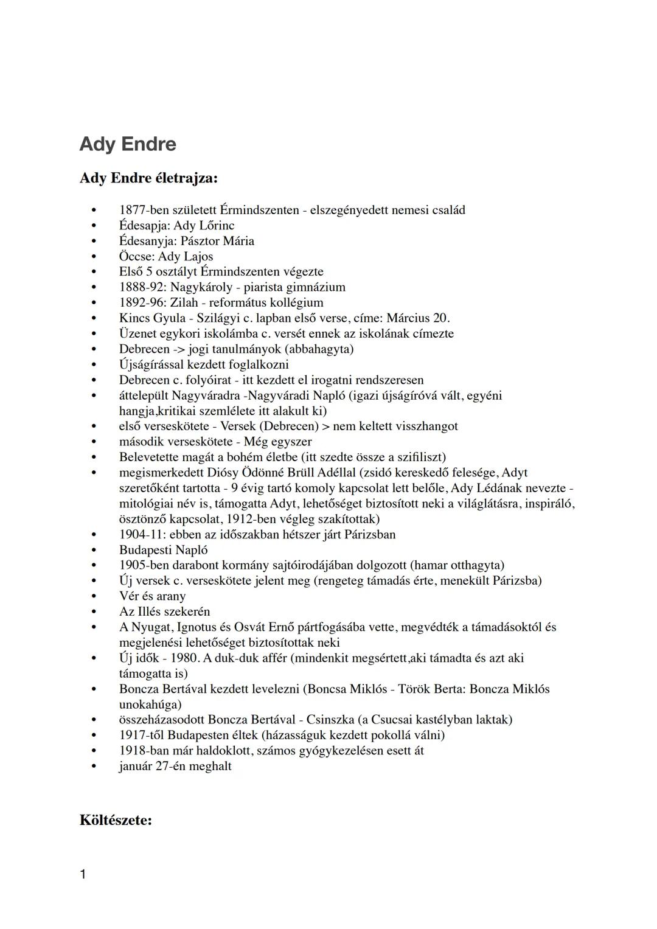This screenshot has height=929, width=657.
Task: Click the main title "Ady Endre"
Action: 128,144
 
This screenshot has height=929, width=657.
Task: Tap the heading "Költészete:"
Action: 116,820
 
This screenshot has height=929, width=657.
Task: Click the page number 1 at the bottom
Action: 83,875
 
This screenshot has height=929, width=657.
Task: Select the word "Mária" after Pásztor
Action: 239,241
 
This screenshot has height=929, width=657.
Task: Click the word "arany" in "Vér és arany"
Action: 171,596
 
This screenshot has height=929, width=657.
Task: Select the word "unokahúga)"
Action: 150,705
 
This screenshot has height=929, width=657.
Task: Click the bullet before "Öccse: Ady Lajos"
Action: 94,257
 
